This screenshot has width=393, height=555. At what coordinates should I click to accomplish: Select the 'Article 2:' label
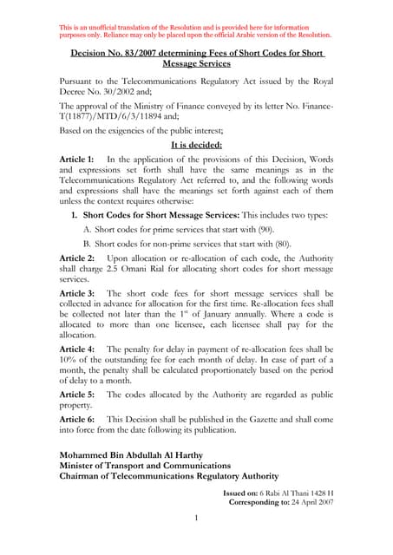tap(76, 258)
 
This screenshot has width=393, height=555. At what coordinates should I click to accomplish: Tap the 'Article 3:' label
tap(76, 293)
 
